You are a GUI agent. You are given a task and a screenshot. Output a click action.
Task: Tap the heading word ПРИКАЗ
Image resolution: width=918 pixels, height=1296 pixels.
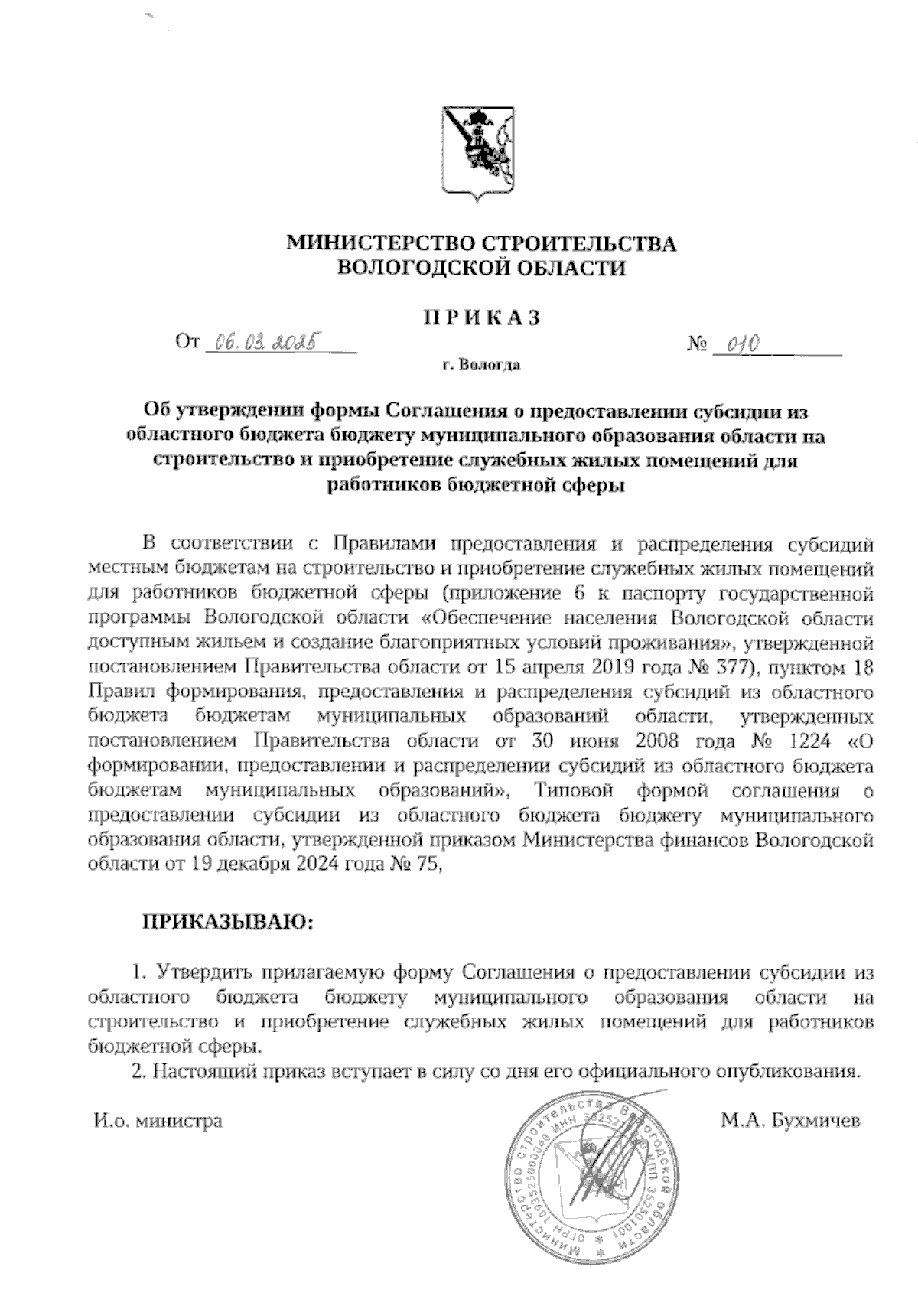coord(482,318)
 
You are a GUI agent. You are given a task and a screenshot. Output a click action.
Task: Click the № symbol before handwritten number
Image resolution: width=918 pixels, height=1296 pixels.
coord(696,345)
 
